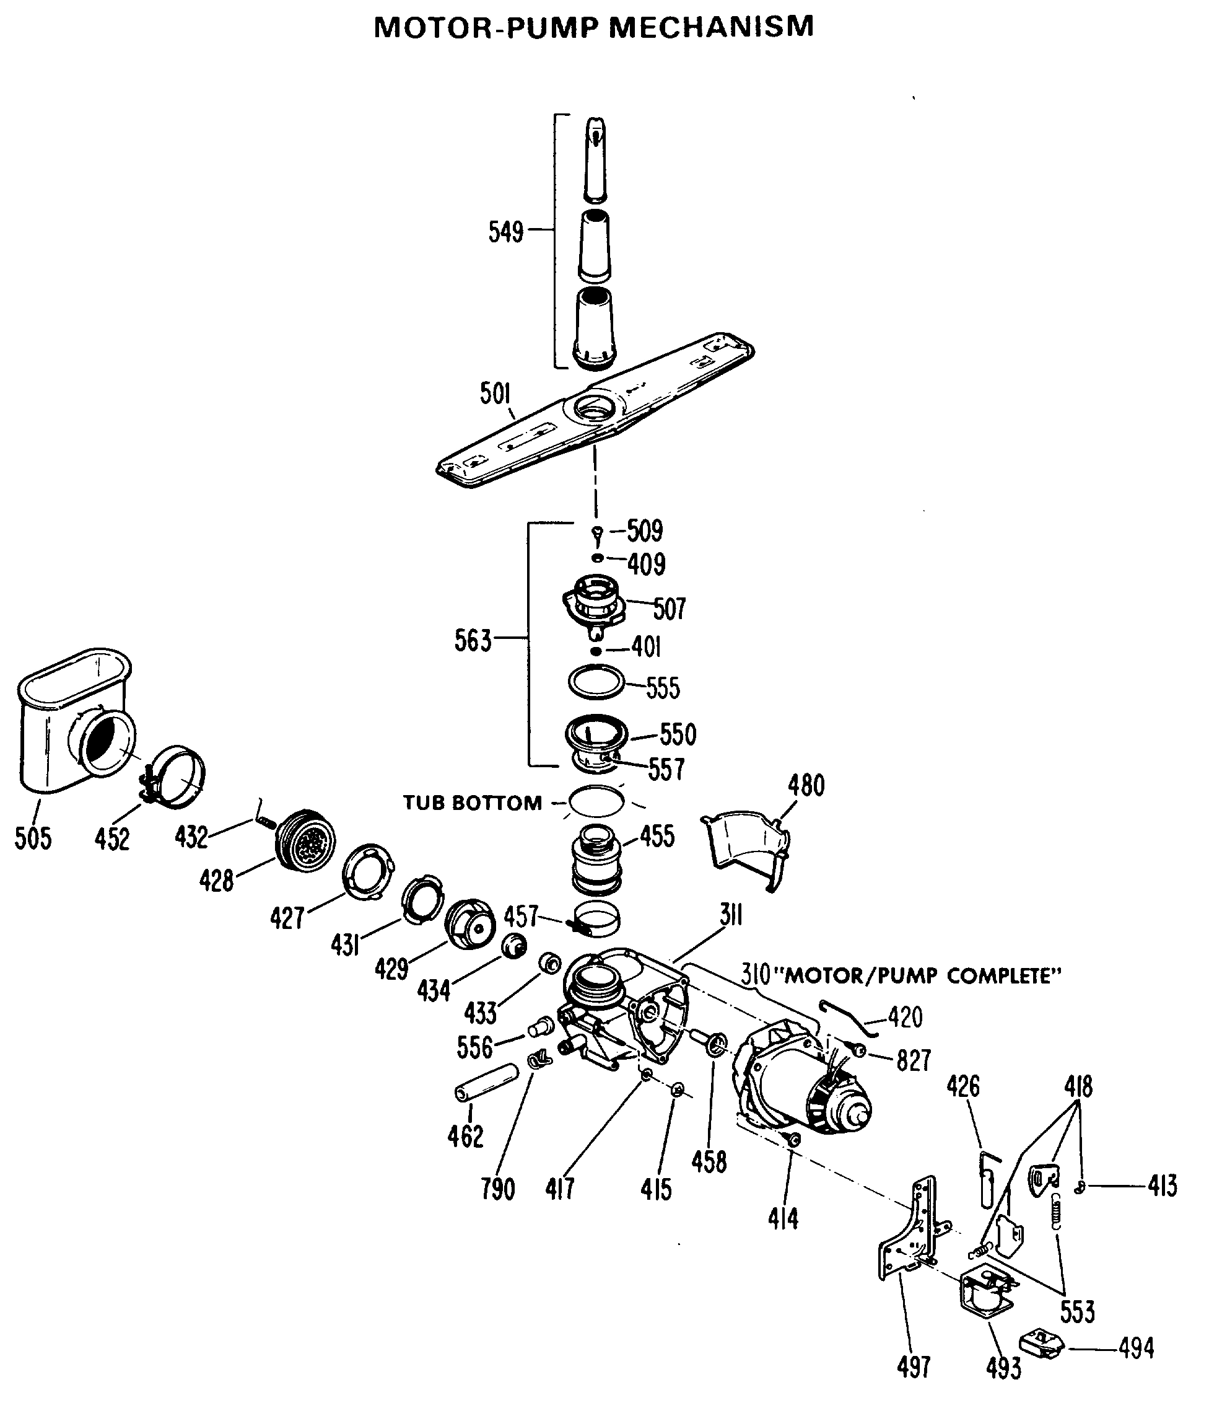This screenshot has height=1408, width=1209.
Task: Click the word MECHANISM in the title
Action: [x=710, y=28]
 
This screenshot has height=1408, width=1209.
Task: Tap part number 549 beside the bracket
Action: [x=506, y=232]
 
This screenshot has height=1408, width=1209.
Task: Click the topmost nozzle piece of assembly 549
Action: [x=596, y=160]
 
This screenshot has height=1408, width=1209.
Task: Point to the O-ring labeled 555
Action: [x=596, y=682]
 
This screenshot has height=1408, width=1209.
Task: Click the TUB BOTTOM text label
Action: [x=473, y=803]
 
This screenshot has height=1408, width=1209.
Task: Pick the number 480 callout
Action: [x=806, y=786]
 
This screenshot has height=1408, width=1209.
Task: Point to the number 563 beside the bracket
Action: [x=473, y=640]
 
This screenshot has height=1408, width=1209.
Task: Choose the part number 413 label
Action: [x=1162, y=1186]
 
